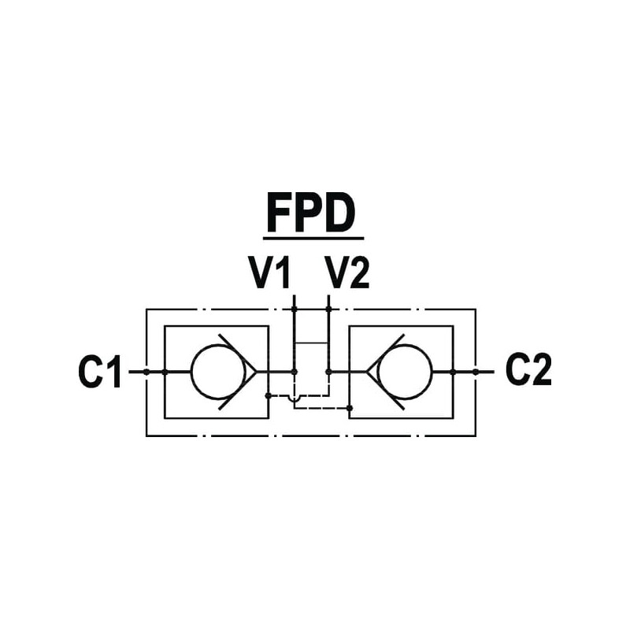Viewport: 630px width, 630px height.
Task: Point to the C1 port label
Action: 101,372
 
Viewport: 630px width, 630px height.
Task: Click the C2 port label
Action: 528,372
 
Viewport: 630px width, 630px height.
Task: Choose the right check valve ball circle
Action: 405,372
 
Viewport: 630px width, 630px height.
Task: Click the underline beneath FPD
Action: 313,237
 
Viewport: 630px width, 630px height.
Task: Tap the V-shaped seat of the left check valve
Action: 241,372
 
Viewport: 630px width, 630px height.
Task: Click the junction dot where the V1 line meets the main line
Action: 294,372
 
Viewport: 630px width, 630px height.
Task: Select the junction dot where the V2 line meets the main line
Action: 328,372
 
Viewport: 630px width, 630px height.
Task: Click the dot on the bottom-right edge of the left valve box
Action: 269,396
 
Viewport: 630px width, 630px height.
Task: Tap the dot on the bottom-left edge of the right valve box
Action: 350,407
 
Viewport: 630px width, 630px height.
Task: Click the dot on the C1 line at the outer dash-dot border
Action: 146,372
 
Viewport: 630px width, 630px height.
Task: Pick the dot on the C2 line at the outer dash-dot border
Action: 476,372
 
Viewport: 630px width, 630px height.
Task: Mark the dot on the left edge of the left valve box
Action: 164,372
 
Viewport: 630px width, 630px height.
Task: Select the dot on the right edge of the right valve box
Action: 453,372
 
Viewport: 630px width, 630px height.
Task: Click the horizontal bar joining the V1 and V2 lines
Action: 311,343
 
